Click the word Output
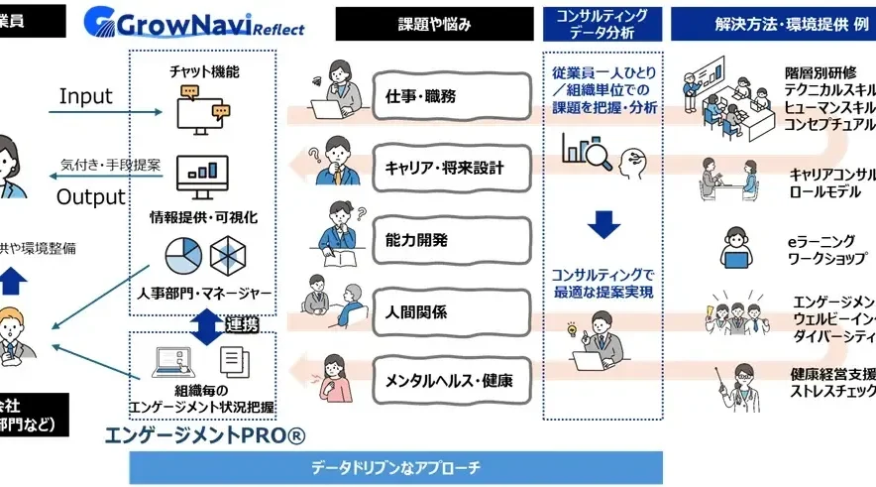[x=91, y=196]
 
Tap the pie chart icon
[x=183, y=257]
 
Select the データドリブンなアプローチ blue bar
[x=395, y=467]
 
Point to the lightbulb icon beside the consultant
[x=572, y=328]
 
